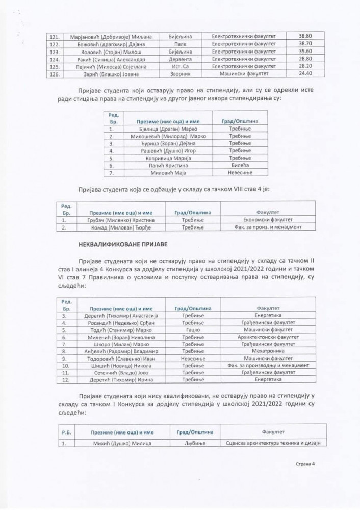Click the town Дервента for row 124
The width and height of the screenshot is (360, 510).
(179, 59)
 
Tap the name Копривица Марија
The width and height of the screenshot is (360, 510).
(161, 159)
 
